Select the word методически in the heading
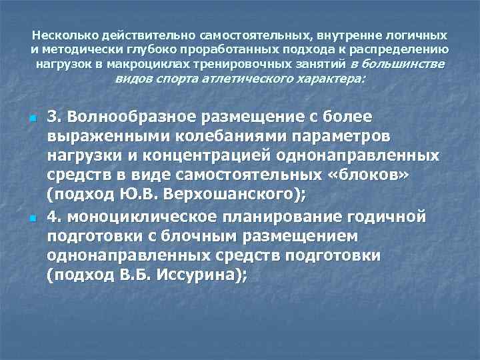73,49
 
